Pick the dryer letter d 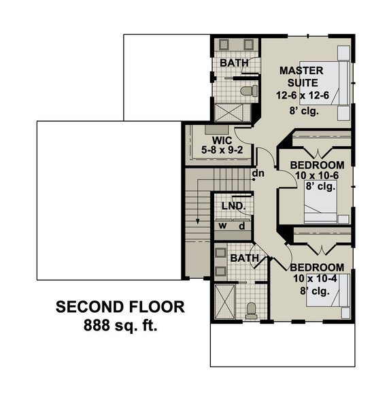241,225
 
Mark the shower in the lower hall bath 224,301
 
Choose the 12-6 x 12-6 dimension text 303,95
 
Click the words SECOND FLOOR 120,307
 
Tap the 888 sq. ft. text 120,326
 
